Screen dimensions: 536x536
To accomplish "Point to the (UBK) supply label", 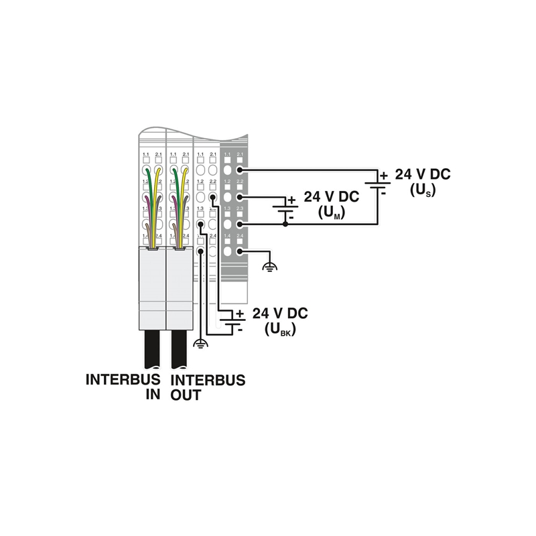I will [x=280, y=330].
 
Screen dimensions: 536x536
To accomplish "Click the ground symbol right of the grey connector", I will [x=270, y=266].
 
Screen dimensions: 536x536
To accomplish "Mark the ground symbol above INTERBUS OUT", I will [x=200, y=344].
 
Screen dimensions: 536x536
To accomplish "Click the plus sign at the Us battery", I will [x=385, y=176].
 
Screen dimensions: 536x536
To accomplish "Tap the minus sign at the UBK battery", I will [x=241, y=330].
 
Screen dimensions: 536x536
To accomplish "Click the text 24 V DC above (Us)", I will [x=423, y=174].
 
